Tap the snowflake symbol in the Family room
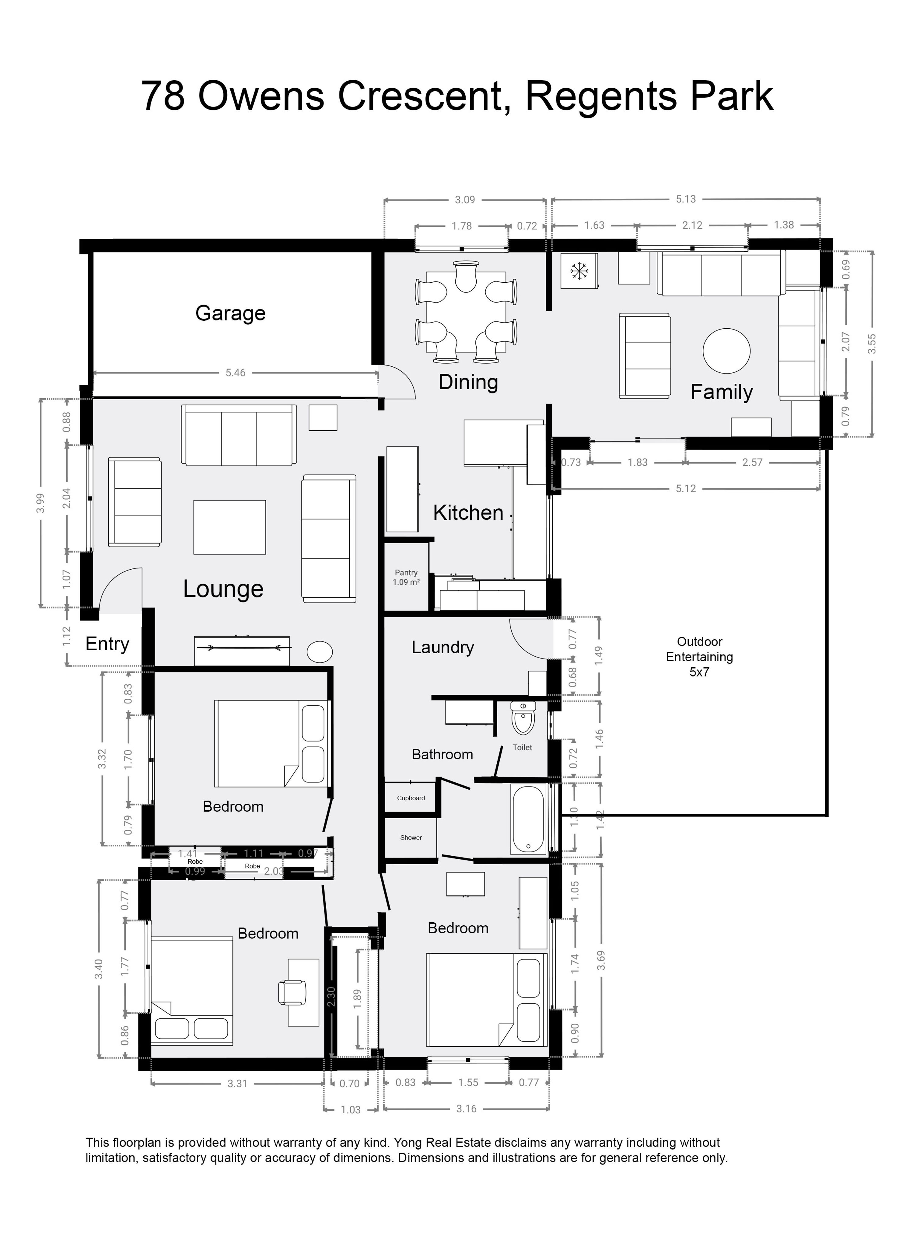point(579,271)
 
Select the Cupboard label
point(411,798)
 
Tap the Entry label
point(107,644)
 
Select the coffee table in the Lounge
point(229,527)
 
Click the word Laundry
point(443,648)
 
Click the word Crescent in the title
point(423,96)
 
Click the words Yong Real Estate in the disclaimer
point(443,1142)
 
